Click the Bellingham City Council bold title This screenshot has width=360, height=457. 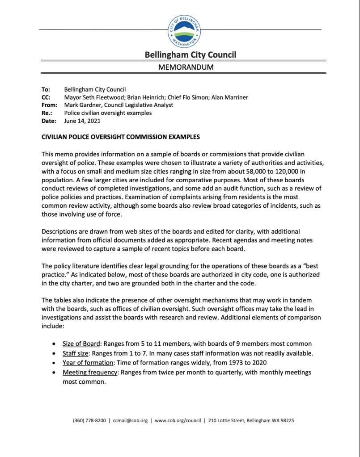(x=190, y=55)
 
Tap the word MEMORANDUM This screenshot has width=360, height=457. (x=186, y=67)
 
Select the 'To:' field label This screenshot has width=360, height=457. (x=46, y=89)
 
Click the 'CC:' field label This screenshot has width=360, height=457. (x=46, y=97)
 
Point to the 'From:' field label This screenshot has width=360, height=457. (x=49, y=105)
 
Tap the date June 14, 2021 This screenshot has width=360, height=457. (x=82, y=121)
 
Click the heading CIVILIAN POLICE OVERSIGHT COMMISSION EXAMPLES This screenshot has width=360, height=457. (x=121, y=137)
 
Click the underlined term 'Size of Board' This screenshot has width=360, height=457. (x=81, y=344)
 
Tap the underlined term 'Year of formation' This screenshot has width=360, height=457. (x=88, y=363)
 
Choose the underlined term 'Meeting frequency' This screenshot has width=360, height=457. (x=91, y=372)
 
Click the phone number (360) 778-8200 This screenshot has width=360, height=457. (x=89, y=420)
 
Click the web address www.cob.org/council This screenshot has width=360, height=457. (x=177, y=420)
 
